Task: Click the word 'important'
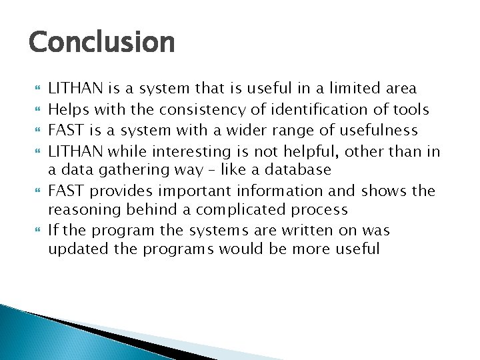coord(191,191)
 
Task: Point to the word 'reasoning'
coord(81,209)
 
